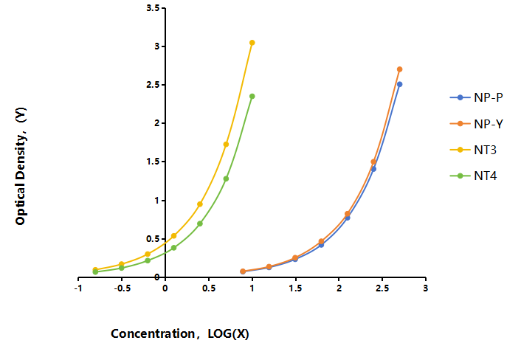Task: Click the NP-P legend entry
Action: (x=477, y=97)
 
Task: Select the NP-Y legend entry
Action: (x=477, y=124)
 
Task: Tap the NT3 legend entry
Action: (x=474, y=150)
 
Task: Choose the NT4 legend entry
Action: (x=474, y=176)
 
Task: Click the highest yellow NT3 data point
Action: (x=252, y=43)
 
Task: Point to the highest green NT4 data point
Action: (x=252, y=97)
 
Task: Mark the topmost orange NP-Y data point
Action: (x=400, y=69)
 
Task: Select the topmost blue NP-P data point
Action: (x=400, y=84)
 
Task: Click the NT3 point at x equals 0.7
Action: (x=226, y=144)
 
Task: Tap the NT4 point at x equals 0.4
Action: (x=200, y=224)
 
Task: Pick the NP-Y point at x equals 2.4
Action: (x=373, y=162)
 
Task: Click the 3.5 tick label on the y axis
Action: (x=153, y=8)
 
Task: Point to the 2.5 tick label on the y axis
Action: (x=153, y=85)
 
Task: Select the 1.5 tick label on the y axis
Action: (x=153, y=162)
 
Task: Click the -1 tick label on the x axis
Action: (x=78, y=288)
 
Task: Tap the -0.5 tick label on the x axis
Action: (x=122, y=288)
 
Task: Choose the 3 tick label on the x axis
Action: (x=426, y=288)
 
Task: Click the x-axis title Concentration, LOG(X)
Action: (x=180, y=333)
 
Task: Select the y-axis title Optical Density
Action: (x=21, y=166)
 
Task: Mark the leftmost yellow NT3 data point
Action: (x=95, y=270)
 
